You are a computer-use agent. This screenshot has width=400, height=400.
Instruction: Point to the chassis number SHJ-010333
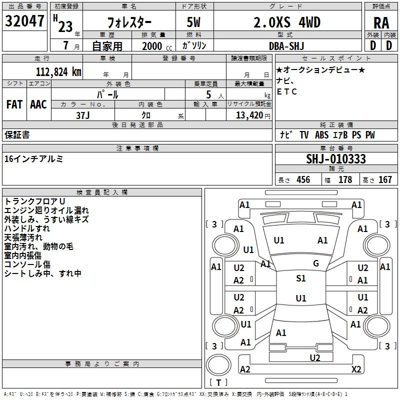335,159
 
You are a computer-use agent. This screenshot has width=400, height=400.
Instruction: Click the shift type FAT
14,104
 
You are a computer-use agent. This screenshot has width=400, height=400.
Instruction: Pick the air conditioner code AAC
38,104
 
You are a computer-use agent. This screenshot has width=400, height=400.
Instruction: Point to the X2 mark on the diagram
356,369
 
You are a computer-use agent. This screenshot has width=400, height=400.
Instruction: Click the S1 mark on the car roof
300,278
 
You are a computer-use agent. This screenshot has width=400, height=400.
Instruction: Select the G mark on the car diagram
315,263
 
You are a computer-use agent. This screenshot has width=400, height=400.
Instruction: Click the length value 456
303,180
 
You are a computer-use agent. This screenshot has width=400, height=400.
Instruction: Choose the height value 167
385,180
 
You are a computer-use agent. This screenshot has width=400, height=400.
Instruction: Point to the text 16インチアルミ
33,159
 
